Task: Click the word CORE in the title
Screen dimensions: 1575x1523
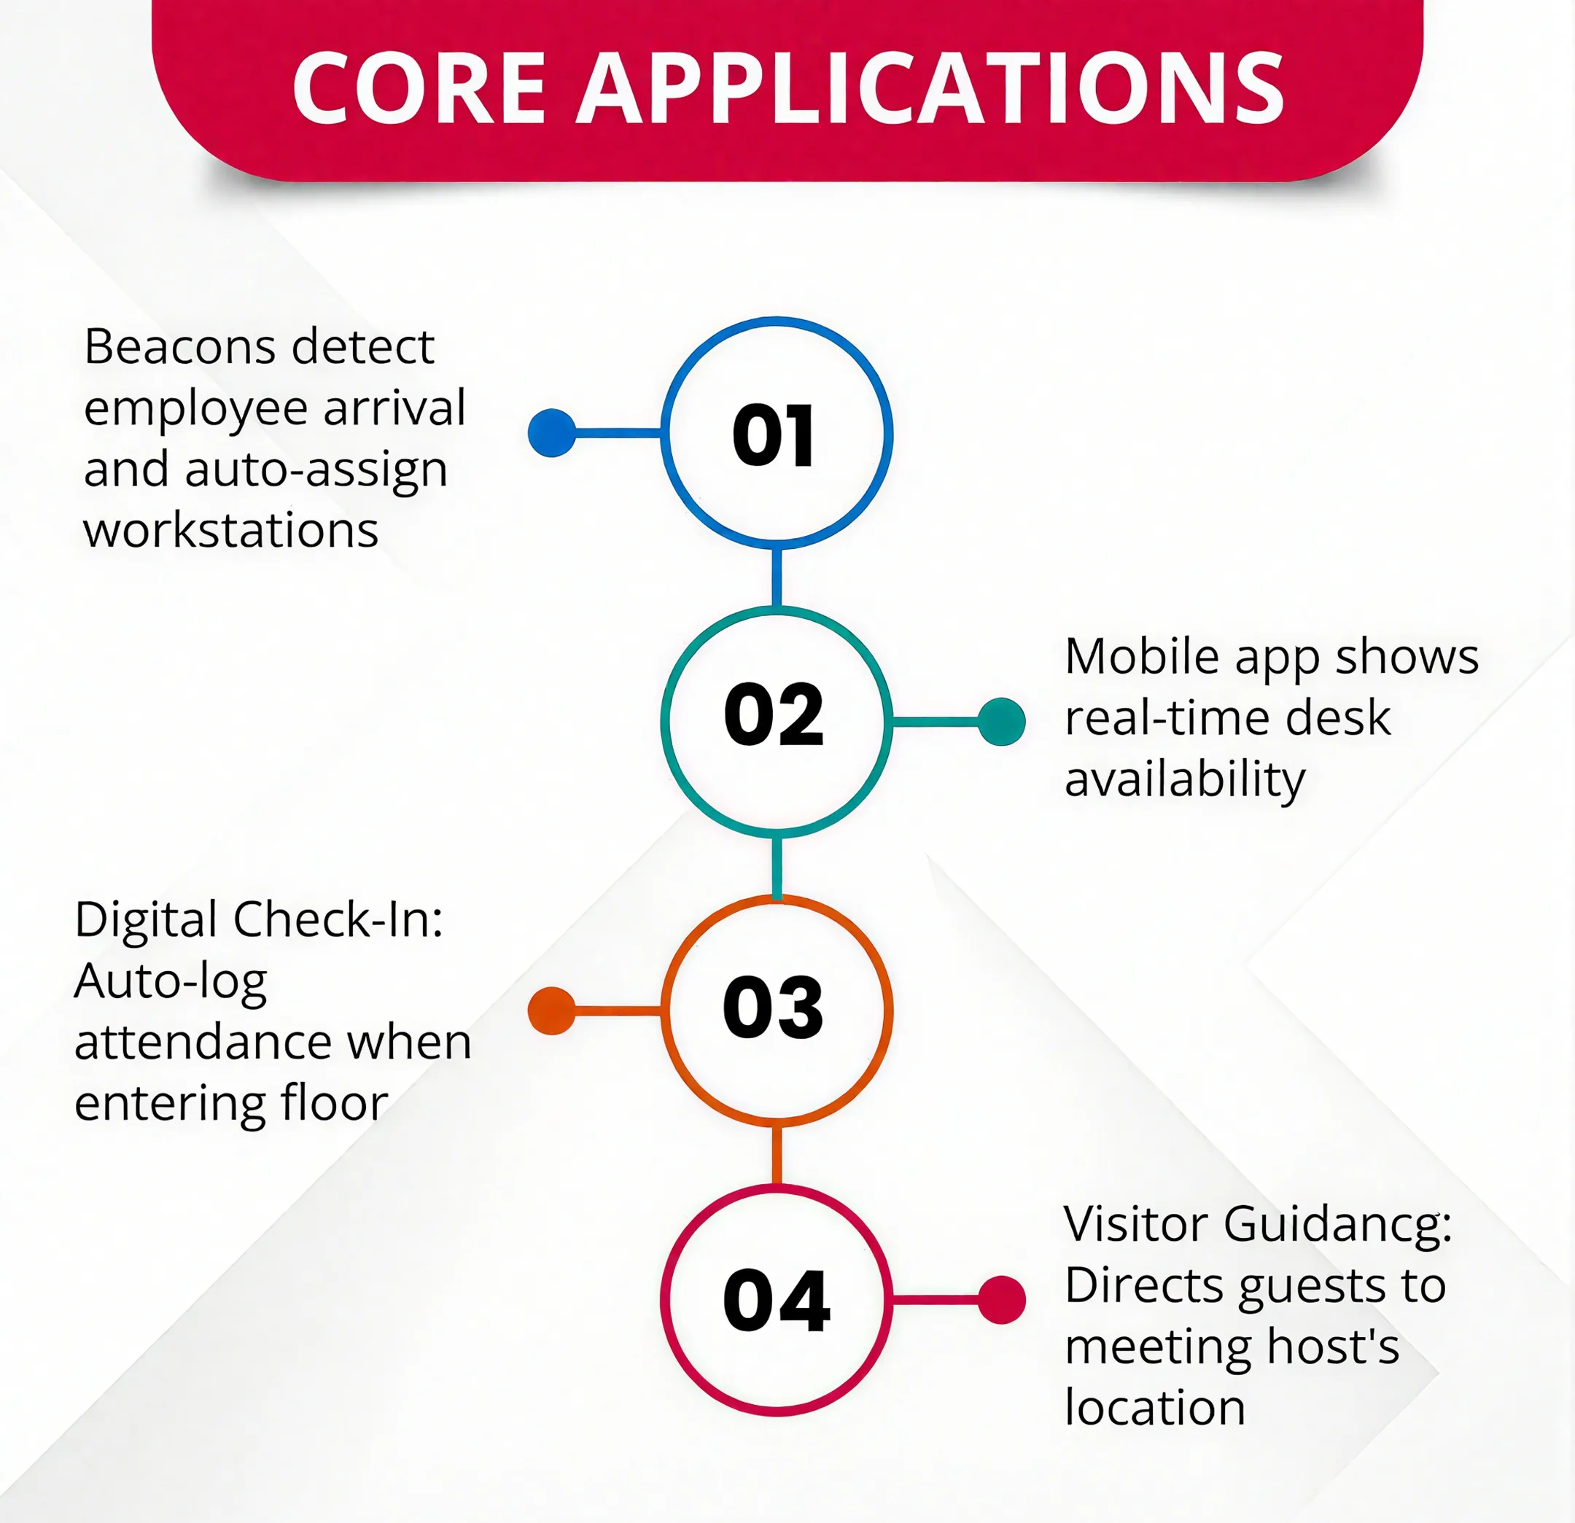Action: coord(419,87)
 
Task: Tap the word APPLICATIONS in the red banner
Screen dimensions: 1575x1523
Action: coord(930,87)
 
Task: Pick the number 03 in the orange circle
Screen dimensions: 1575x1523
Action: coord(773,1008)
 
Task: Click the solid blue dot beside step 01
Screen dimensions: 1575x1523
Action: coord(552,433)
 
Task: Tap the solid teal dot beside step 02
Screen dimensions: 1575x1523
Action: coord(1001,721)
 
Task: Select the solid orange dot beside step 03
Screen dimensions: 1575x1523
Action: coord(552,1010)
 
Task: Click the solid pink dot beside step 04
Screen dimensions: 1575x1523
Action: coord(1001,1300)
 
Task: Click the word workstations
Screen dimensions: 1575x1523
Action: coord(231,531)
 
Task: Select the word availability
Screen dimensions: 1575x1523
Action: coord(1186,781)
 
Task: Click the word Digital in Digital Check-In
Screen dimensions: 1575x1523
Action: coord(147,920)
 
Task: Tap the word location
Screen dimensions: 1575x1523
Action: coord(1156,1408)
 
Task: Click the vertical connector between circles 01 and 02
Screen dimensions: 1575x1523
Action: coord(777,577)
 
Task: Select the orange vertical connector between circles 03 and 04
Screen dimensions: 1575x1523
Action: coord(777,1154)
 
